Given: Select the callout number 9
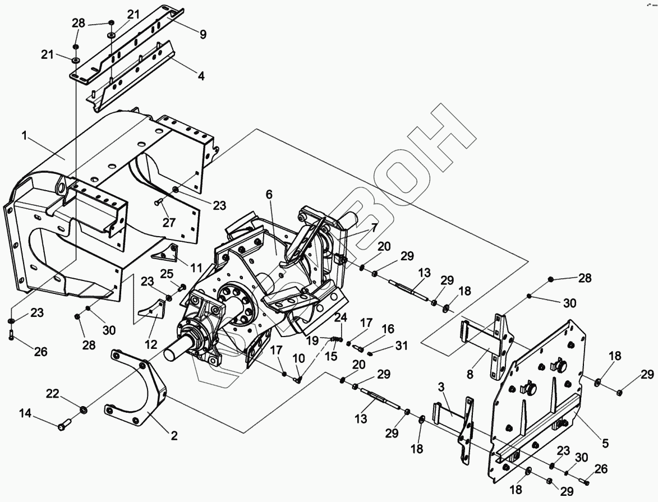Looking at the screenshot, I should (203, 34).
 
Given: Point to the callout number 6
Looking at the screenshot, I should (269, 195).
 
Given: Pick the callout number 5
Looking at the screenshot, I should (605, 443).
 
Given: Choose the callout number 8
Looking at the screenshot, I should (471, 372).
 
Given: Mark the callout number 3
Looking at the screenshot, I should (441, 387).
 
